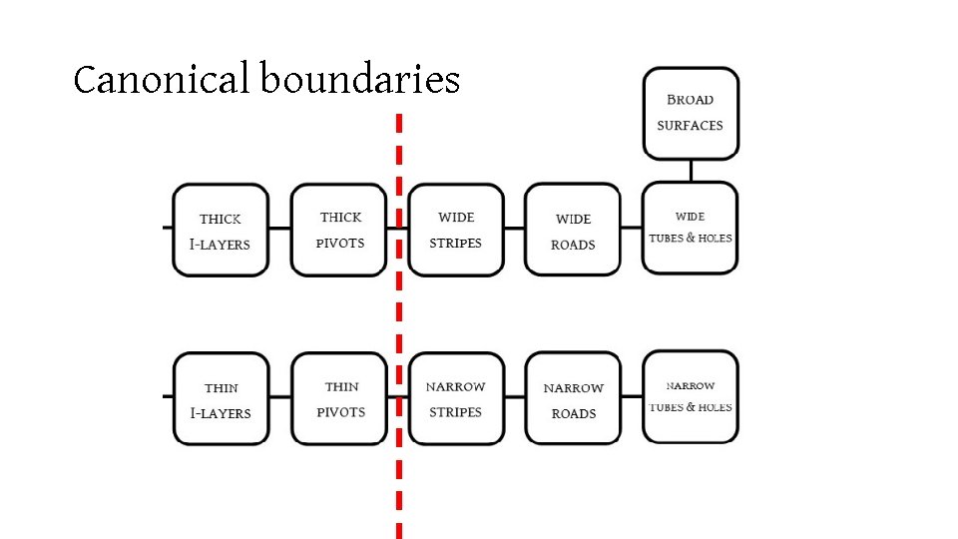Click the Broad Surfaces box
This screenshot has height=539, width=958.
coord(691,113)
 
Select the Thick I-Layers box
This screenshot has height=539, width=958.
coord(220,231)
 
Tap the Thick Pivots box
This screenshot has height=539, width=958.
coord(338,230)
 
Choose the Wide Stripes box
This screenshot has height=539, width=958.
coord(456,230)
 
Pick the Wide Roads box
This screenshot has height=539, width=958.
coord(573,231)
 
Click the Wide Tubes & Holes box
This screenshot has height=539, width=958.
coord(691,228)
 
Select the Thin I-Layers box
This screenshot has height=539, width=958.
coord(220,399)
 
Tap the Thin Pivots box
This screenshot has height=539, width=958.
coord(339,398)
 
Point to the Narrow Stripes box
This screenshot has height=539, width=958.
coord(456,398)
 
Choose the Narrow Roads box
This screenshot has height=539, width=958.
coord(573,399)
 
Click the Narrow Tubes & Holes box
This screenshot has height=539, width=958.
coord(691,396)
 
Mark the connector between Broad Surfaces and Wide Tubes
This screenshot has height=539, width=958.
coord(691,171)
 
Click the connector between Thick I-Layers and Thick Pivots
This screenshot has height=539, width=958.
coord(280,229)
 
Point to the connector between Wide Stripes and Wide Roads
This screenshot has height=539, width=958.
coord(514,229)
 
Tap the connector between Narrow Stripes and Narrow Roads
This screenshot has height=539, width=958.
coord(514,397)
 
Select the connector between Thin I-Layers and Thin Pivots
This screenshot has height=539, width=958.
coord(280,397)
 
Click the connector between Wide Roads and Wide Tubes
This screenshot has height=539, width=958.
coord(631,229)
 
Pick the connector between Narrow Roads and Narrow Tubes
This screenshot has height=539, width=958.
coord(631,397)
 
